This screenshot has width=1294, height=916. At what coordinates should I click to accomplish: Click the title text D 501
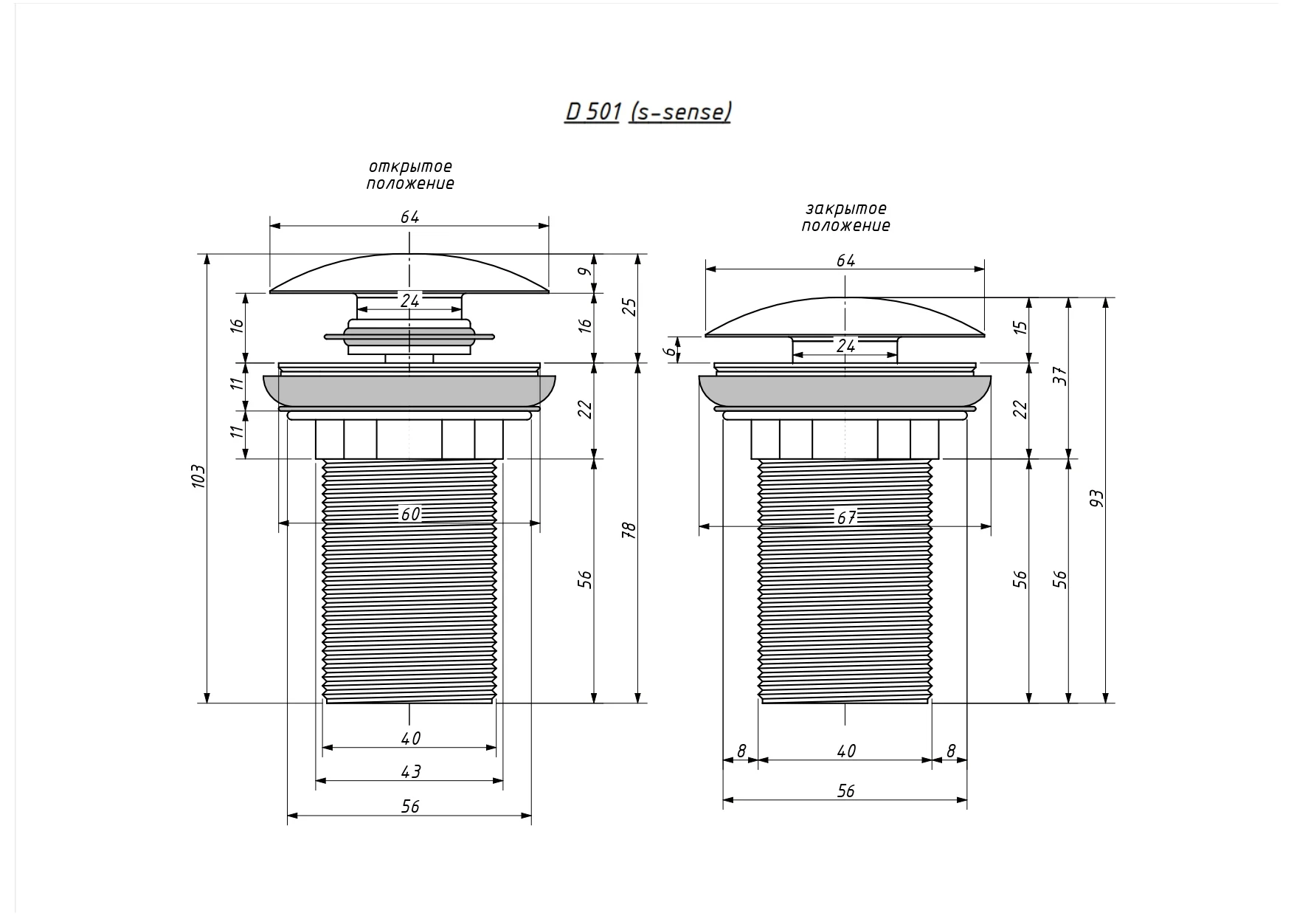tap(592, 111)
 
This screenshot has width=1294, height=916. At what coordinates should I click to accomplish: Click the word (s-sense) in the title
tap(679, 111)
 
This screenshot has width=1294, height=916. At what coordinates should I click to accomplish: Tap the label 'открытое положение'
tap(410, 175)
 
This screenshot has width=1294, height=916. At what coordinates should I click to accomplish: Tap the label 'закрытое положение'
tap(846, 217)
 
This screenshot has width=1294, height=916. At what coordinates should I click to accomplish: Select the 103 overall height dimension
tap(198, 478)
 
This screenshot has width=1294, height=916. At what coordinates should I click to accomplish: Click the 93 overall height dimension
tap(1096, 499)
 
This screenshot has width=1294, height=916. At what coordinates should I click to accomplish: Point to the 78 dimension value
tap(629, 530)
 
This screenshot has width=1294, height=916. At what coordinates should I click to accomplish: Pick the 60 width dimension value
tap(410, 514)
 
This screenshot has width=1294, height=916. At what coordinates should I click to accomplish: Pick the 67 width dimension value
tap(846, 517)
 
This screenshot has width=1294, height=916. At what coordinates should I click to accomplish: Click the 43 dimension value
tap(410, 771)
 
